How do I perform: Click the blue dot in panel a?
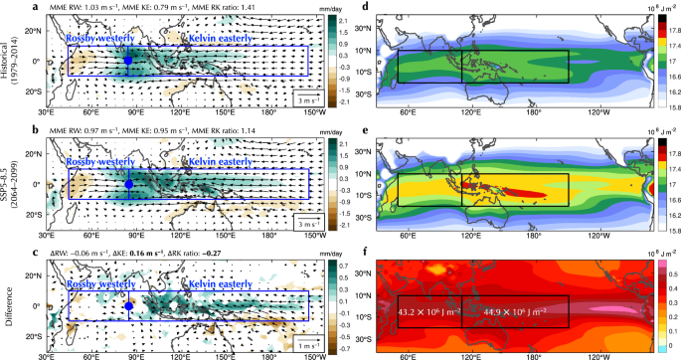tap(128, 62)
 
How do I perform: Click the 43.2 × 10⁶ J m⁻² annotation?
tap(429, 311)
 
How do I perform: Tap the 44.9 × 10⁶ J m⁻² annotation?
tap(515, 311)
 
